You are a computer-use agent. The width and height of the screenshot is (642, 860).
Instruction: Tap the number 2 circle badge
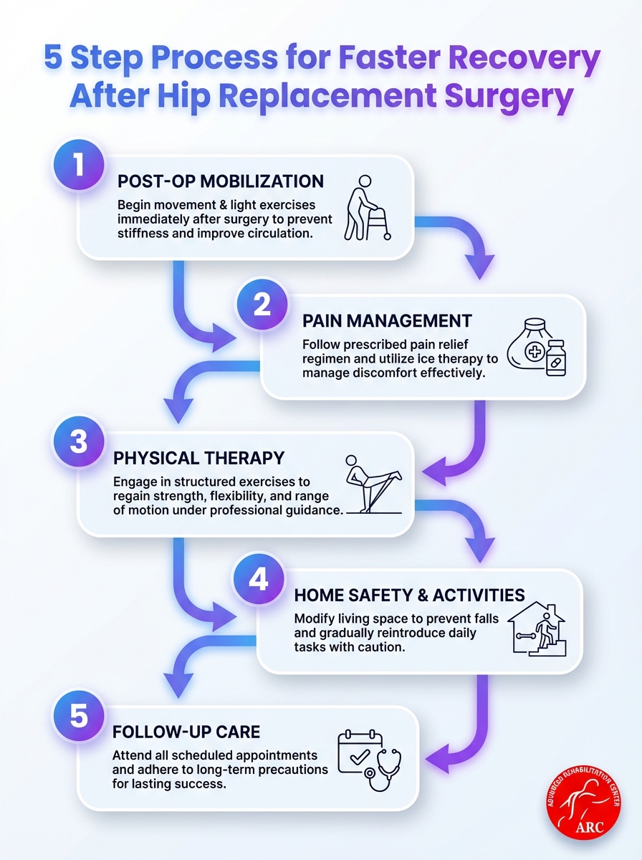262,305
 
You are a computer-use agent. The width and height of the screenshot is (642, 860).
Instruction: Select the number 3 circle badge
80,442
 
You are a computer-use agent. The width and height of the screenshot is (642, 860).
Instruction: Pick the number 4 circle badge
258,579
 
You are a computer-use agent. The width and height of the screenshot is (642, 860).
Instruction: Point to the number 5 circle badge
80,717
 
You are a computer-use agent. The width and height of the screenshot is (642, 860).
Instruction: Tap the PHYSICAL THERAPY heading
198,457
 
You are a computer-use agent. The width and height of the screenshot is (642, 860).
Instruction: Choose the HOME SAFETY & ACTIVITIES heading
409,594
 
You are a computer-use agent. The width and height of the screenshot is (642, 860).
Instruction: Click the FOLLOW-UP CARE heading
186,732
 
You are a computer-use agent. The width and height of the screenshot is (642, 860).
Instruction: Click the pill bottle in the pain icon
553,358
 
